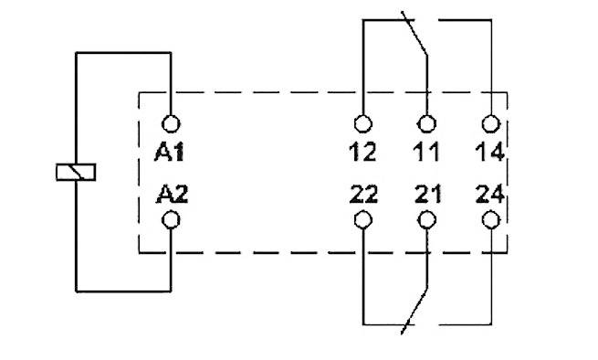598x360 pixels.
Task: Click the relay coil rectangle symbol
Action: (x=77, y=171)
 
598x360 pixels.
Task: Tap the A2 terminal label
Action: (x=171, y=194)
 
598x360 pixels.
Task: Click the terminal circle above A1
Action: (x=171, y=123)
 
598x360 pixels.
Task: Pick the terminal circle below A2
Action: (x=171, y=220)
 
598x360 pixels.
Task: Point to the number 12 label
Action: (x=363, y=152)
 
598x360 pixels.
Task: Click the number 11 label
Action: (x=425, y=152)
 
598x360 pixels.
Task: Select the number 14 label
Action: (x=490, y=152)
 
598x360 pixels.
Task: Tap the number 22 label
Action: (x=363, y=194)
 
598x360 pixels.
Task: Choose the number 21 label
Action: (x=425, y=194)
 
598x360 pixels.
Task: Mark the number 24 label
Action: (x=490, y=194)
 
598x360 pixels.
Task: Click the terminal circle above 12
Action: (x=363, y=123)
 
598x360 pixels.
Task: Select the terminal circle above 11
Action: (x=425, y=123)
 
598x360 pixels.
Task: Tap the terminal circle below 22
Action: (x=363, y=220)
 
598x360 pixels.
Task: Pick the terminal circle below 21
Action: (x=425, y=220)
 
